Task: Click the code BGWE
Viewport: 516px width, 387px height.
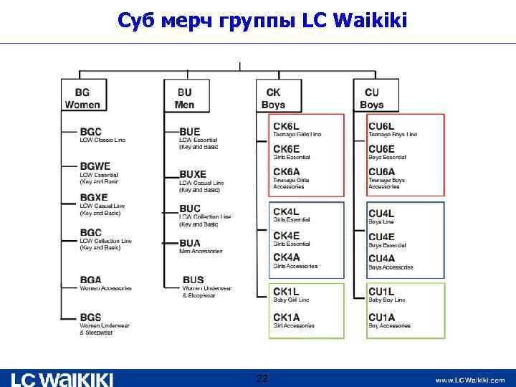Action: (95, 166)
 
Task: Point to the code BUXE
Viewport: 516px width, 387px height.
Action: (193, 174)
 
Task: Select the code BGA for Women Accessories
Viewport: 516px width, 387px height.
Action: (91, 279)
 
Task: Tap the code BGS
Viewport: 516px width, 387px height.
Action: (91, 317)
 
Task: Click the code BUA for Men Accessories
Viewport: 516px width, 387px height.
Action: (190, 243)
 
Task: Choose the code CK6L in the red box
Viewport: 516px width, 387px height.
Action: (287, 127)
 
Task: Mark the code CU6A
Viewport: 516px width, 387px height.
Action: (381, 171)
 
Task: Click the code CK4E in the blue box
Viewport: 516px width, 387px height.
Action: (286, 235)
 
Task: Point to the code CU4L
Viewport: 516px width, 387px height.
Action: (381, 214)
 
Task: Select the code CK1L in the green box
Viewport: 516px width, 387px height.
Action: (286, 291)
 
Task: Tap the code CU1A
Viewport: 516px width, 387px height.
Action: (381, 317)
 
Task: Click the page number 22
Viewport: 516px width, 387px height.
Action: (262, 378)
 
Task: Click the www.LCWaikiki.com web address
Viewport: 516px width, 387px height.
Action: (470, 380)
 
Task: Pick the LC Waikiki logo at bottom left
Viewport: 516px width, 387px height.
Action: (62, 378)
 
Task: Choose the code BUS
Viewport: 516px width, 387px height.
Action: (193, 279)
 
